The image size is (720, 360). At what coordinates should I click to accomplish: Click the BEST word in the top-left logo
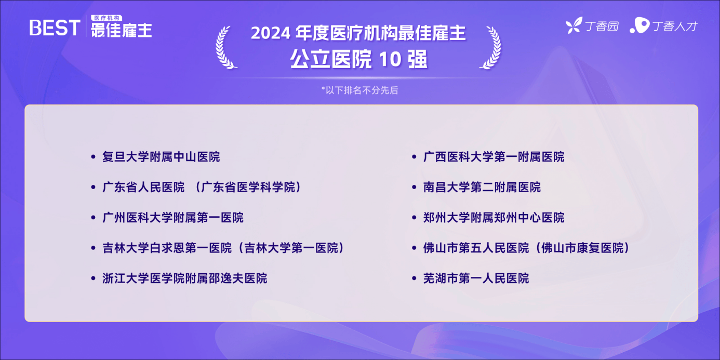[55, 28]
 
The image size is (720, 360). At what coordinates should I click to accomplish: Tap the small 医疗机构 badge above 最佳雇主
[106, 18]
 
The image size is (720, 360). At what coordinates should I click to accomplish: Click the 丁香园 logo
[592, 25]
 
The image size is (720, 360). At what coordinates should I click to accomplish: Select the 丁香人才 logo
[664, 25]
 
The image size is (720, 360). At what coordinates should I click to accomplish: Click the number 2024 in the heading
[271, 33]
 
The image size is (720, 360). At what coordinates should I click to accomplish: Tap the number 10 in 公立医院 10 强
[390, 59]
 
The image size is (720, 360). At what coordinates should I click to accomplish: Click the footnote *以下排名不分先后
[359, 90]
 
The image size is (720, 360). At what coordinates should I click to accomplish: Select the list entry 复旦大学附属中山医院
[161, 157]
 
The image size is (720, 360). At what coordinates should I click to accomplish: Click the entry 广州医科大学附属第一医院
[173, 218]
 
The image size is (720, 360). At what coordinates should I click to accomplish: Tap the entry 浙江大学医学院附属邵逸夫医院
[185, 278]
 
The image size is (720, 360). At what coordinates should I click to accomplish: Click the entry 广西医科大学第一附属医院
[494, 157]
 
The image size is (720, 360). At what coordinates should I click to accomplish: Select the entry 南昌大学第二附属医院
[482, 187]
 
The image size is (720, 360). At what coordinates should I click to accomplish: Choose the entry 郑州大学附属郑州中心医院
[494, 218]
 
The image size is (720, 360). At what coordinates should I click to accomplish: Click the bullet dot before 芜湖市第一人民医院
[415, 278]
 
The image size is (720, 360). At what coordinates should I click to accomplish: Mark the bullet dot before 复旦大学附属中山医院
[93, 157]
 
